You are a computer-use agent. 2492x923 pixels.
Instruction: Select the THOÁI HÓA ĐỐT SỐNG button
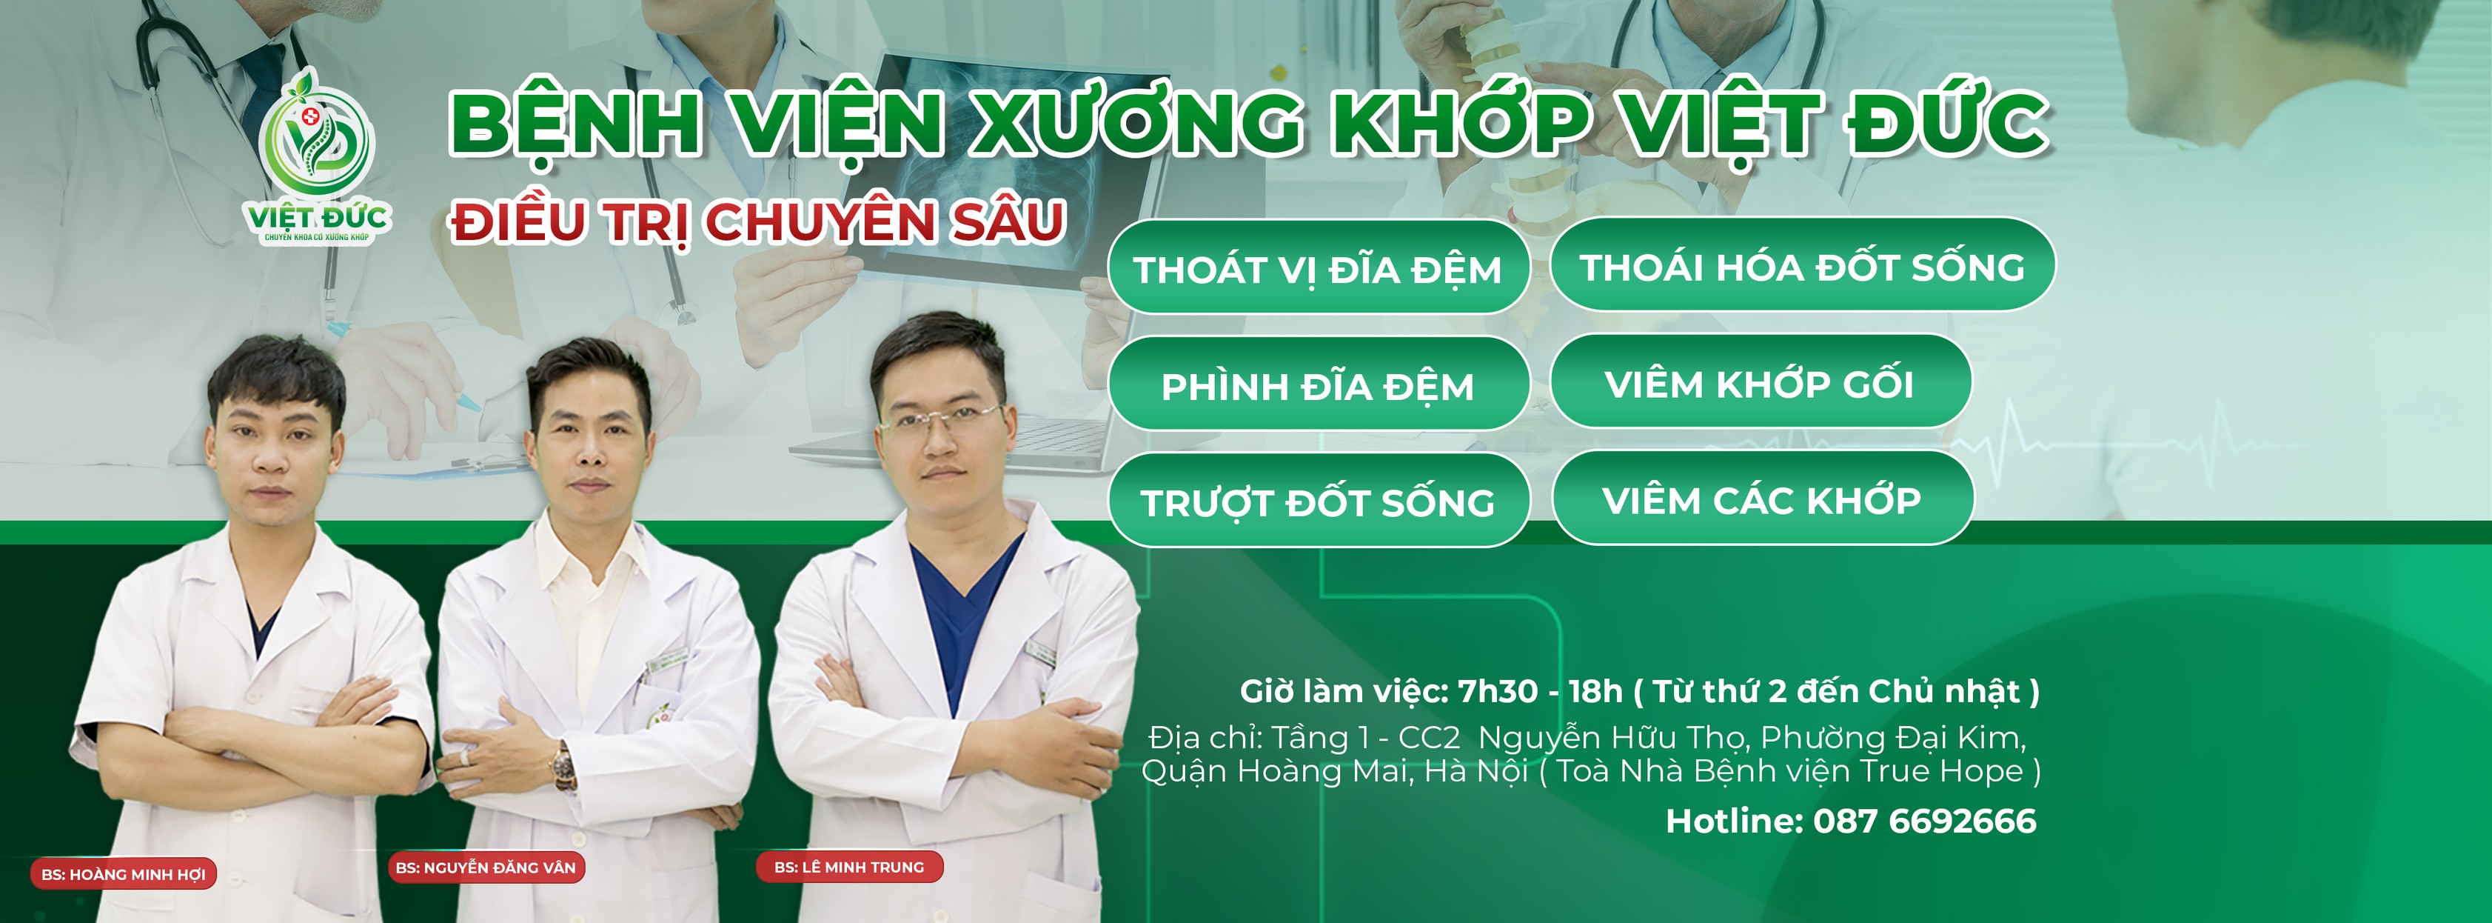1801,265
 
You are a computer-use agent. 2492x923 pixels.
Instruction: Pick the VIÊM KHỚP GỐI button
1759,382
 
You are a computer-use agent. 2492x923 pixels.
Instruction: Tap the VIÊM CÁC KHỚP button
1761,499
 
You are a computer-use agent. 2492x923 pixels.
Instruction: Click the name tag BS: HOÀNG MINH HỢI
123,873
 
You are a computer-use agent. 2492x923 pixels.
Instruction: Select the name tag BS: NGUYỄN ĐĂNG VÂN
485,867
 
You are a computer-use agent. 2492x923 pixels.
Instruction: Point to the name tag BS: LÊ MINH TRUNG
848,867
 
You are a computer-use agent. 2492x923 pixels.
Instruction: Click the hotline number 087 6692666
1923,821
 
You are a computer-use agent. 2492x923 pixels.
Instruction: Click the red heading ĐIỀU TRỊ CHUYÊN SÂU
757,221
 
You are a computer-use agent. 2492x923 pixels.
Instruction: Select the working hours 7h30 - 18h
1539,691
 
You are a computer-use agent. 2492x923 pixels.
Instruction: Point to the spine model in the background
1509,116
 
